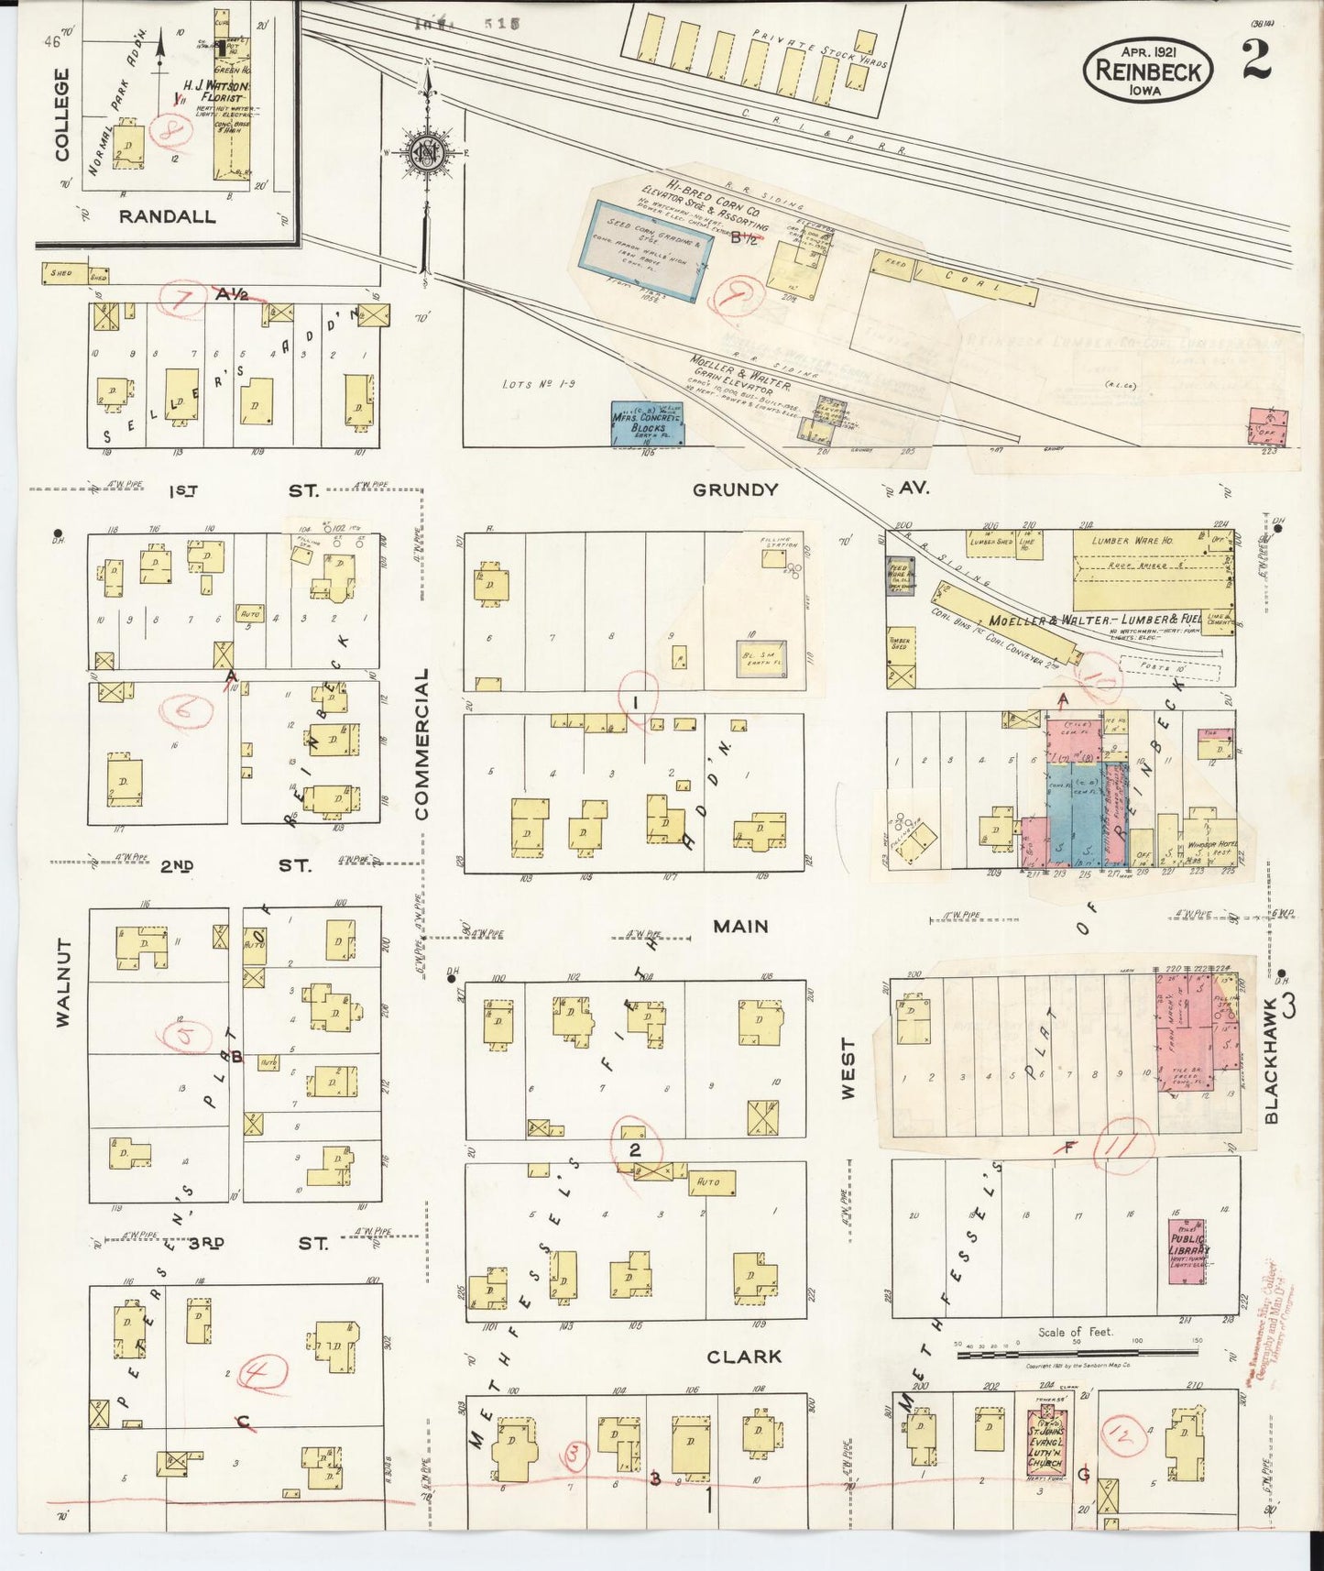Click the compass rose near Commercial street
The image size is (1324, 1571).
[x=427, y=152]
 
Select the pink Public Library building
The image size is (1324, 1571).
[x=1188, y=1251]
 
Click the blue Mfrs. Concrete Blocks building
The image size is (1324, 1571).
[x=648, y=423]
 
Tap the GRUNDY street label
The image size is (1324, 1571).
[x=735, y=489]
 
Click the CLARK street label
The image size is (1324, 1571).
[x=743, y=1357]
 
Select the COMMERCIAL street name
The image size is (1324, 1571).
[x=421, y=742]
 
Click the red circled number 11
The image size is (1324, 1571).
[x=1125, y=1144]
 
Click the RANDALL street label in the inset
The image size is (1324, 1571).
[x=166, y=217]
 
